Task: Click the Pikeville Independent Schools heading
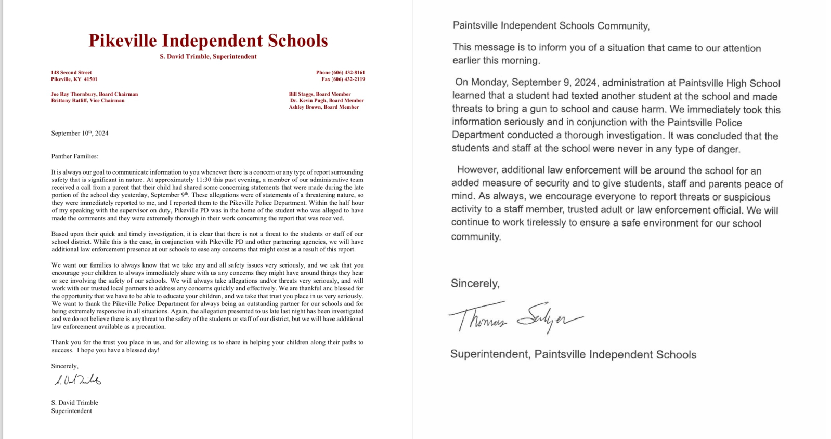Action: coord(208,41)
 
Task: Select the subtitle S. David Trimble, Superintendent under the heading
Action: coord(208,57)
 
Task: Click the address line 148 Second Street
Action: coord(71,73)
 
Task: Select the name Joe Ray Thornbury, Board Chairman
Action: coord(94,94)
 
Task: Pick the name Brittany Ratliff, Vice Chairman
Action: coord(87,101)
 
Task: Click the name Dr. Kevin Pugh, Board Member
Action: coord(327,101)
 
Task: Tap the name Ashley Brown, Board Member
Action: coord(323,107)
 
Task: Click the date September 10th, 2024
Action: coord(80,134)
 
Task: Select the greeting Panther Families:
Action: coord(74,156)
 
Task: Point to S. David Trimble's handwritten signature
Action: coord(78,380)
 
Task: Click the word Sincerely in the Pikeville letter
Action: coord(64,366)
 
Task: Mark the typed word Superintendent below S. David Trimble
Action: coord(71,411)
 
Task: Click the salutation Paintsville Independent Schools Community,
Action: coord(551,26)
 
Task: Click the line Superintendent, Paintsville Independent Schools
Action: coord(573,355)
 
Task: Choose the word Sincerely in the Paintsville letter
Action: coord(474,284)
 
